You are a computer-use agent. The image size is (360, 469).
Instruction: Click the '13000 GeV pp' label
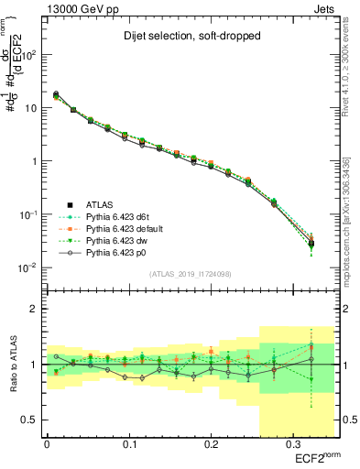coord(75,7)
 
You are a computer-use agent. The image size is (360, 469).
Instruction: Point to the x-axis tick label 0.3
coord(292,444)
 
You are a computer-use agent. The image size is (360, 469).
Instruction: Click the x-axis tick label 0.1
coord(128,444)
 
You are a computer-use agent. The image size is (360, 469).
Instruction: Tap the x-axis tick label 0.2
coord(211,444)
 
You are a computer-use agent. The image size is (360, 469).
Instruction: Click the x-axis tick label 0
coord(47,444)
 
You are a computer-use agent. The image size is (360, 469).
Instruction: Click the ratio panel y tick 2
coord(33,309)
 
